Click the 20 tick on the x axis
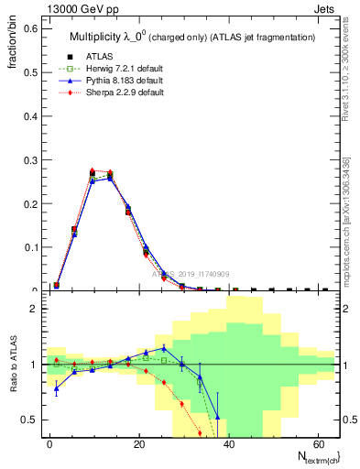click(x=138, y=445)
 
